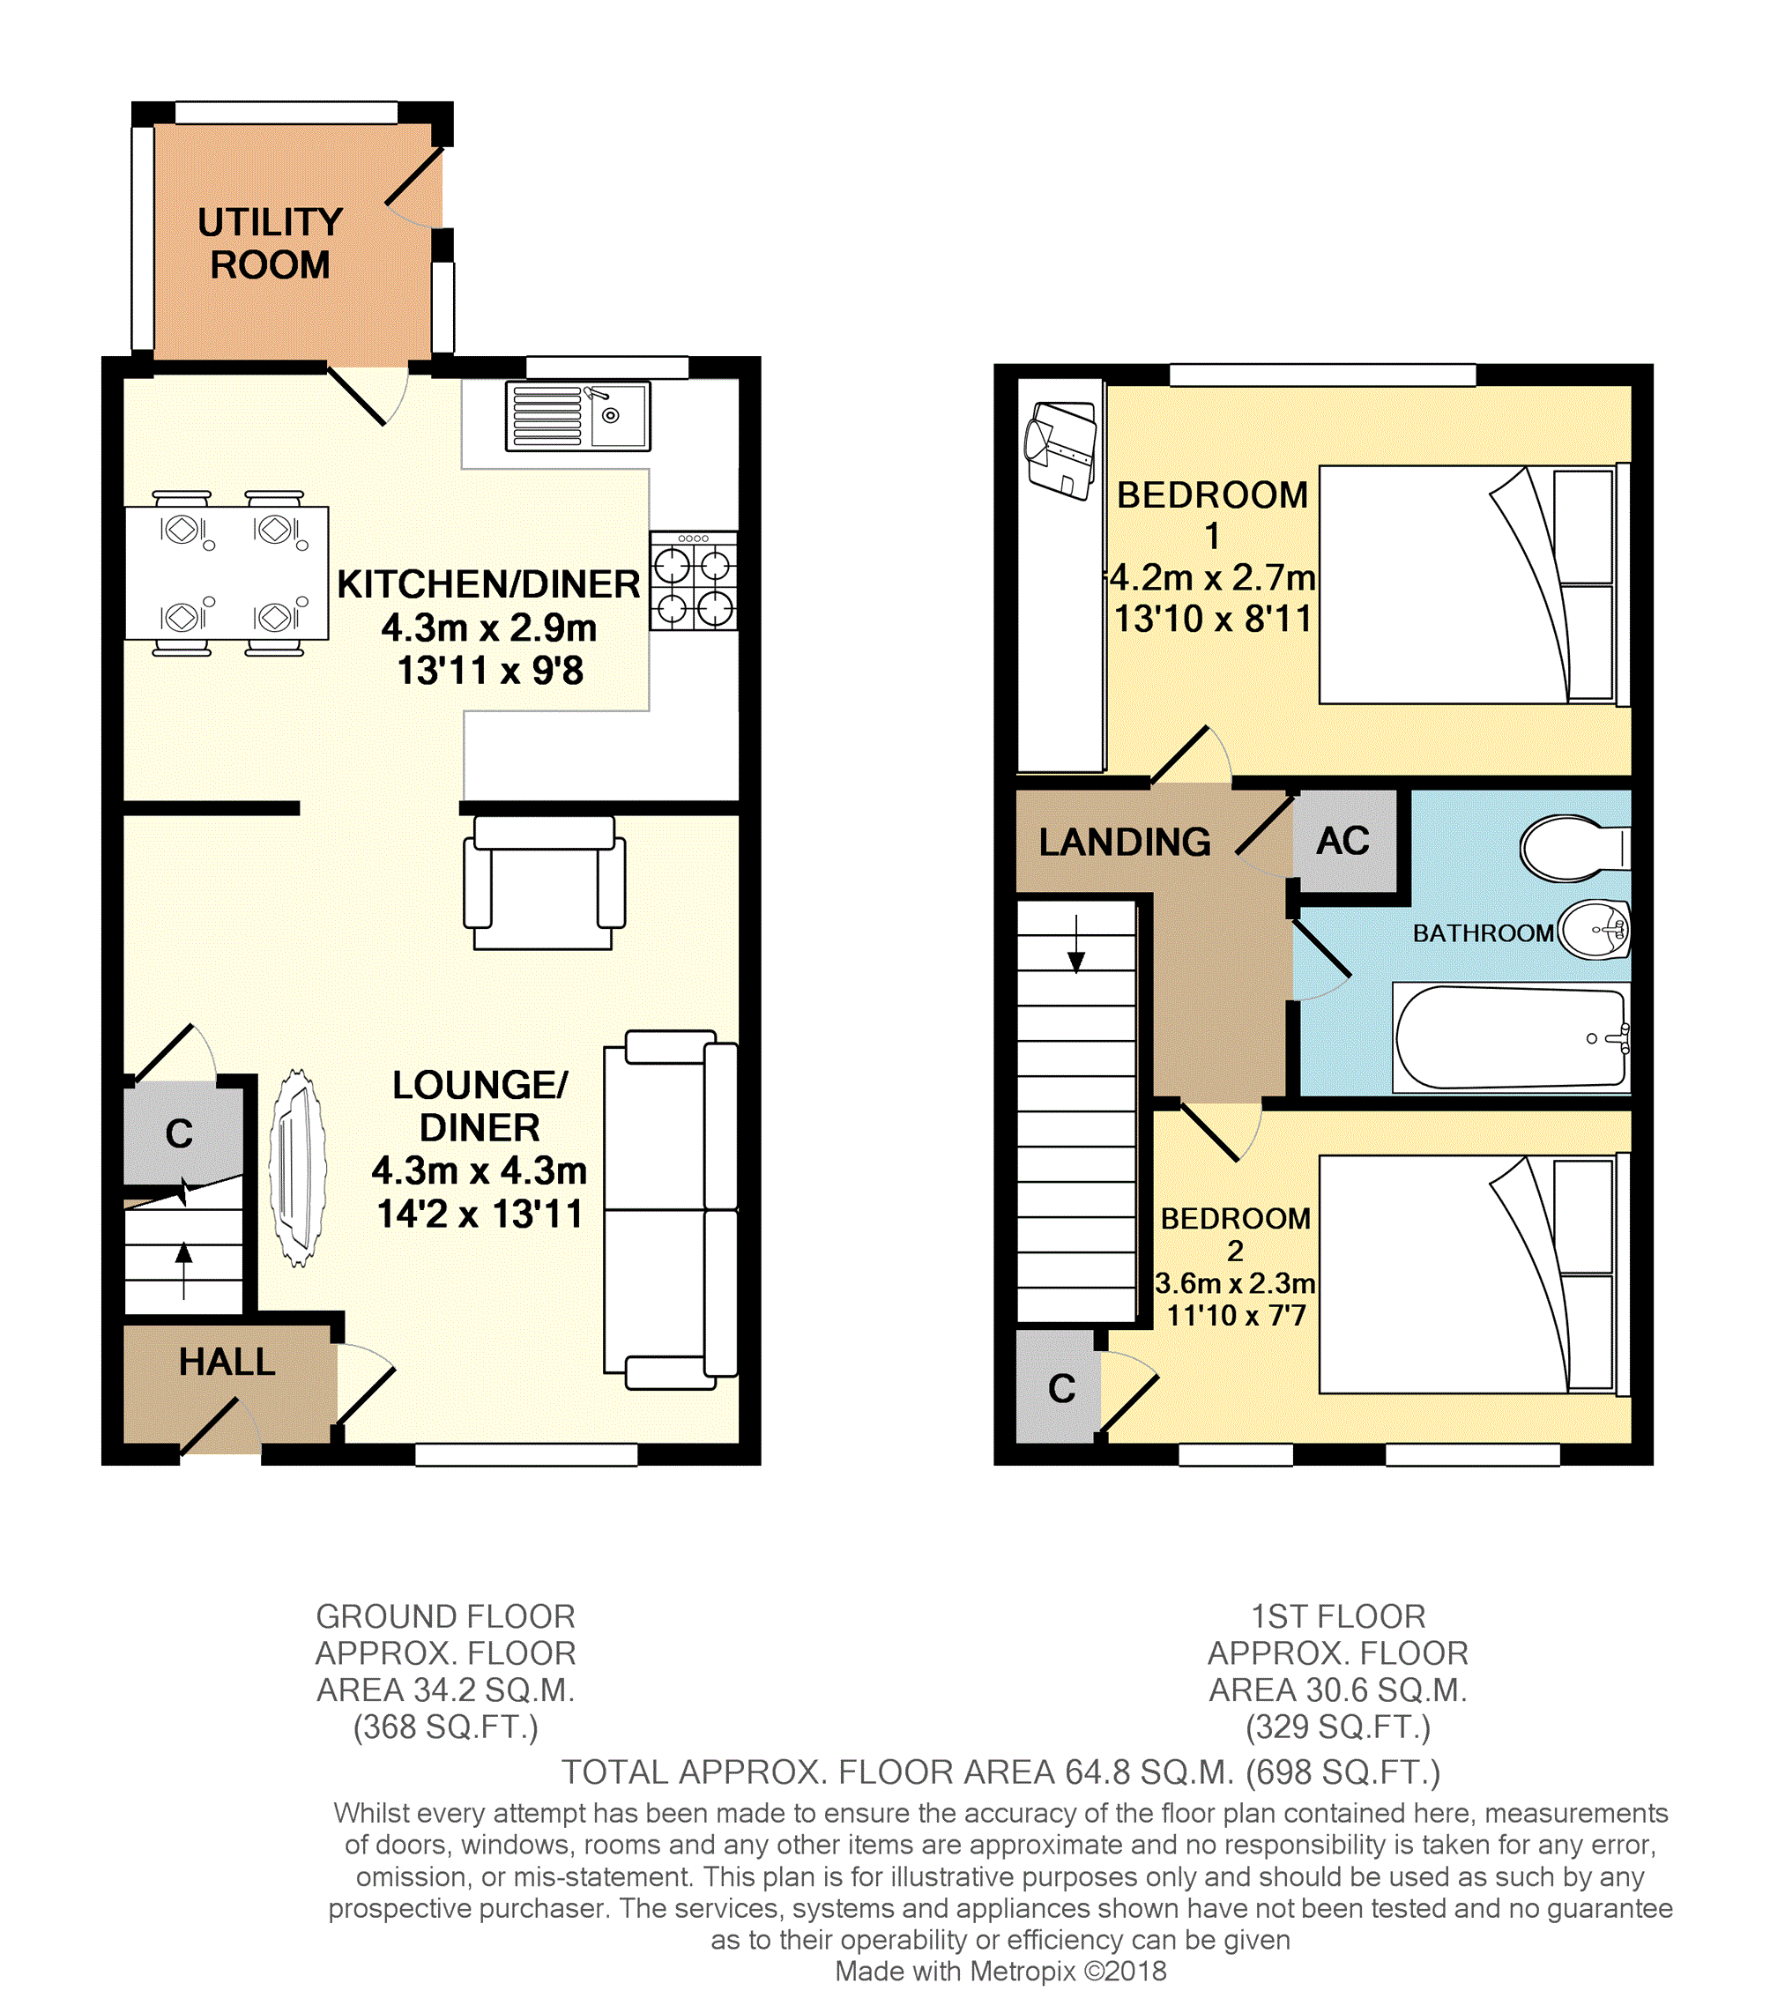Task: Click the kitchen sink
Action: click(x=577, y=416)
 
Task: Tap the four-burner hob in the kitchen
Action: click(x=694, y=581)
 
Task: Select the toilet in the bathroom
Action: click(x=1575, y=848)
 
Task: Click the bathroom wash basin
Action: click(x=1595, y=930)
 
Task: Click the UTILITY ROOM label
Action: click(x=271, y=243)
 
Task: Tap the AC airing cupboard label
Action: click(x=1342, y=841)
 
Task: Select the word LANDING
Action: click(x=1125, y=843)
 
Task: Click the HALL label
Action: click(x=227, y=1362)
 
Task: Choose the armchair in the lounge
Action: click(x=545, y=882)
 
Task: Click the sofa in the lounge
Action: click(x=671, y=1210)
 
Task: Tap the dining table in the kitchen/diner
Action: click(x=227, y=574)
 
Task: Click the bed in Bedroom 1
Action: click(x=1474, y=584)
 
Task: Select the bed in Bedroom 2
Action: click(x=1474, y=1274)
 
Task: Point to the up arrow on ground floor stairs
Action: click(x=183, y=1270)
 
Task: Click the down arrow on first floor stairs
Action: click(x=1077, y=944)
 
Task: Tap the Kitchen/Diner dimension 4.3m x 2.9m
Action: click(x=489, y=628)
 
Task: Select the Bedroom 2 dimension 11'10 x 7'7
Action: click(x=1236, y=1315)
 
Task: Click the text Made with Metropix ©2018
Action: click(x=1000, y=1971)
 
